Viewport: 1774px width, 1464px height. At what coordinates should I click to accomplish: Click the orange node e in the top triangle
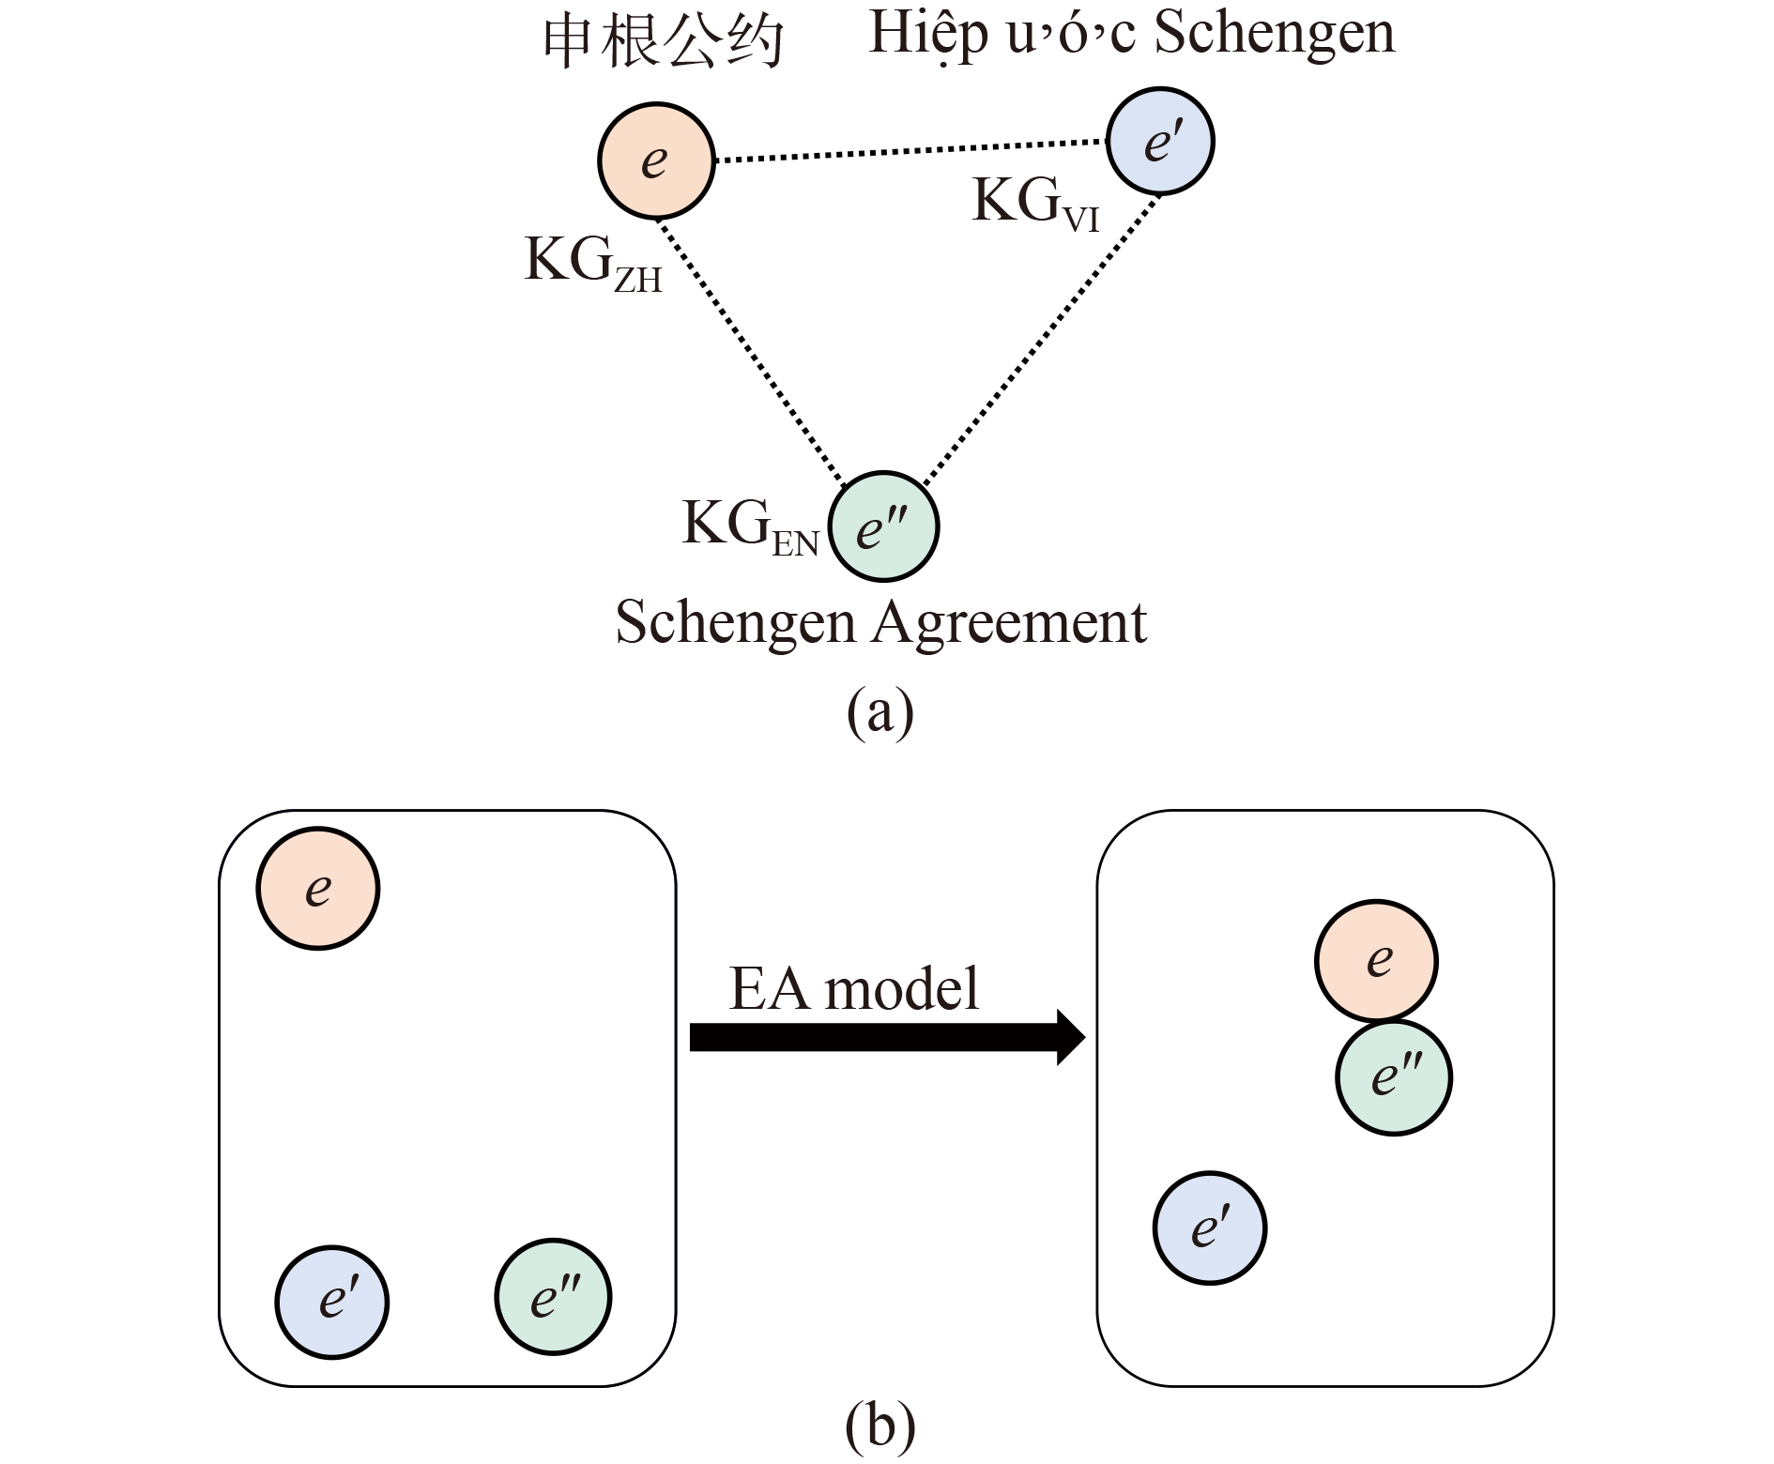656,161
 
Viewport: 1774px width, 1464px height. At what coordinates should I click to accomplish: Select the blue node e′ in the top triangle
1160,142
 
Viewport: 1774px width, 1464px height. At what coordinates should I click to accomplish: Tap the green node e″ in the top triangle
884,527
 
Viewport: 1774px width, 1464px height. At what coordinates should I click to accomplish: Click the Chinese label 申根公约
664,42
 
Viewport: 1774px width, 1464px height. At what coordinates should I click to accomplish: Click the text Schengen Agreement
880,622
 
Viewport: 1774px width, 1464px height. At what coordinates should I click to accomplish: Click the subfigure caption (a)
879,713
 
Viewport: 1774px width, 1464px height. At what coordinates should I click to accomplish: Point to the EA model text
854,988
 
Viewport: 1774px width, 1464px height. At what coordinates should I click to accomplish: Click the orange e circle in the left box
318,888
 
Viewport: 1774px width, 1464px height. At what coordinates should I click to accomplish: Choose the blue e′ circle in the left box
332,1302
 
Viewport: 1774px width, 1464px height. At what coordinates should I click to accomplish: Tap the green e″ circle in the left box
553,1298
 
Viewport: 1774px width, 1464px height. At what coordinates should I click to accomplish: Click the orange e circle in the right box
1376,960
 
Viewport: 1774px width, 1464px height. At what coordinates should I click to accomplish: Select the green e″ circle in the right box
1394,1077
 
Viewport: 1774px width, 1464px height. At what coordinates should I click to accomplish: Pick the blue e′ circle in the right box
1210,1228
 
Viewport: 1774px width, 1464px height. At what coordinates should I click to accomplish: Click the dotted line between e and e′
910,152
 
